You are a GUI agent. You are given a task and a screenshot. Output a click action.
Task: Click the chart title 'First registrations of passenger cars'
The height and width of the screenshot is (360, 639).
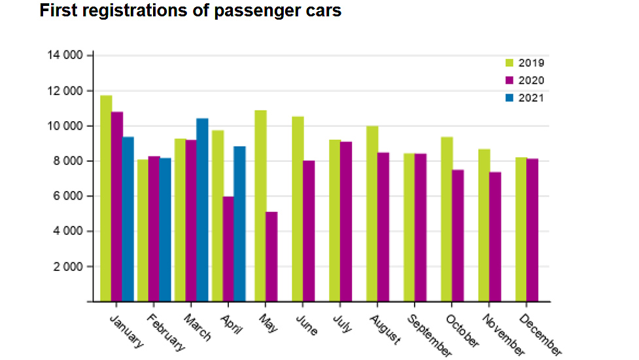tap(190, 11)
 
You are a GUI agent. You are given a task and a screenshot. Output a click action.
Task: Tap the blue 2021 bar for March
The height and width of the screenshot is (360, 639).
tap(203, 210)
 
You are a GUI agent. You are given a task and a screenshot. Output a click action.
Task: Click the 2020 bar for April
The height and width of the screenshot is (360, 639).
tap(228, 249)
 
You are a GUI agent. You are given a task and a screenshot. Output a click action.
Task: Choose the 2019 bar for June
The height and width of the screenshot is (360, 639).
tap(298, 209)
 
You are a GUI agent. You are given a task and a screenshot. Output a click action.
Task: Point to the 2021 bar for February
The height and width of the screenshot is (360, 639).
tap(165, 230)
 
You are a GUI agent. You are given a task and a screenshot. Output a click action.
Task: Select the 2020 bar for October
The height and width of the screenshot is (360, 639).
tap(459, 236)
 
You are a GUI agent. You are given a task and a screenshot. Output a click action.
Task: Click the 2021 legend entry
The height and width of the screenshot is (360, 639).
tap(530, 98)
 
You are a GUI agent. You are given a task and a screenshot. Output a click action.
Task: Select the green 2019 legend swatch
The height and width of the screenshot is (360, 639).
tap(510, 63)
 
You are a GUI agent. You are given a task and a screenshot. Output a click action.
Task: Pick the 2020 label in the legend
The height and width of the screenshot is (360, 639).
tap(531, 81)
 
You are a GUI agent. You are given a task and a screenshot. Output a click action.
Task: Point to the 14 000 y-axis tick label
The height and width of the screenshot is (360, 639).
tap(65, 56)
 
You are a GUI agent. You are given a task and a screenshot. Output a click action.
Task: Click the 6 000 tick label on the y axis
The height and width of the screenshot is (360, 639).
tap(67, 196)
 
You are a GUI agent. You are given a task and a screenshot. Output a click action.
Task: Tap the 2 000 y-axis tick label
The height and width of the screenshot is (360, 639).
tap(67, 267)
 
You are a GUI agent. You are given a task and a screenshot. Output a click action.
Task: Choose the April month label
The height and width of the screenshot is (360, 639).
tap(231, 323)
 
